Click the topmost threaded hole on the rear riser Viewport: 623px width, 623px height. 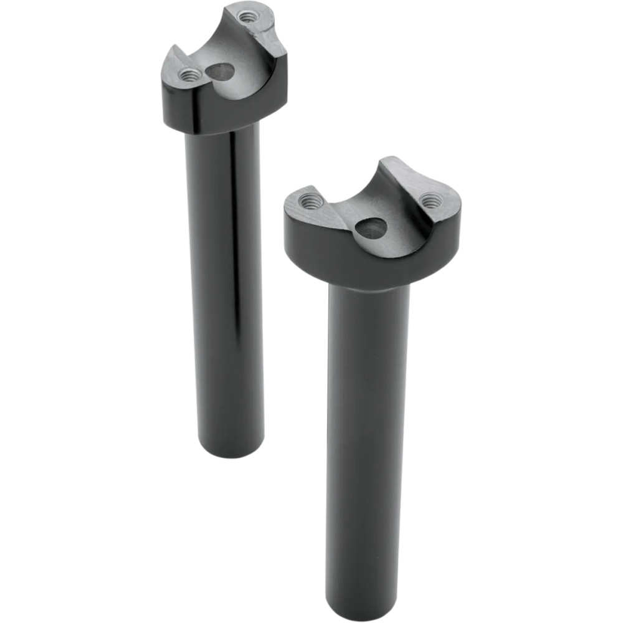click(x=248, y=17)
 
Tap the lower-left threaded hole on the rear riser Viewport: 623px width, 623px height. click(x=190, y=75)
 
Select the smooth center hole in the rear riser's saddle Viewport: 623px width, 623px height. click(x=221, y=72)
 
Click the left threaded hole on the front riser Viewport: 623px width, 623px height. click(x=311, y=201)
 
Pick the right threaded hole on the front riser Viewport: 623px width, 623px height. click(x=430, y=201)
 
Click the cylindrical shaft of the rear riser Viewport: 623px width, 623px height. click(x=224, y=280)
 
